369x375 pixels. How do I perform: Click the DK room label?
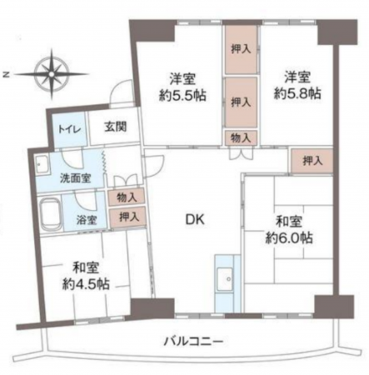(194, 220)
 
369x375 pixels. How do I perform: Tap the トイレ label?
(68, 130)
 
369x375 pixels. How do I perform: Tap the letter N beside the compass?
(6, 74)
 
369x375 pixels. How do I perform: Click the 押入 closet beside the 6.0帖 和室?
(309, 159)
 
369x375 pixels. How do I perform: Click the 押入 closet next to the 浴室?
(127, 217)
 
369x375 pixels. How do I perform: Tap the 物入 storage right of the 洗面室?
(127, 197)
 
